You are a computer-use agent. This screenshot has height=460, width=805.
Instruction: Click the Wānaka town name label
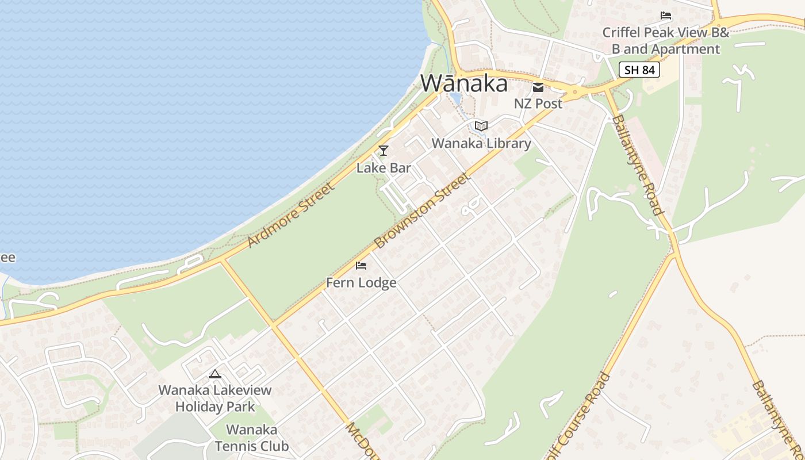464,83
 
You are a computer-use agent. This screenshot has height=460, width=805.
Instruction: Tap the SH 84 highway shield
639,70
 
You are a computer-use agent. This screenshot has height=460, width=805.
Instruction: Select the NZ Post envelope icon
538,87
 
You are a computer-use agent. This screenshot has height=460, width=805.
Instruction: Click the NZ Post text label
538,104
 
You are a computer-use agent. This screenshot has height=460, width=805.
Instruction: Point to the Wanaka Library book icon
481,126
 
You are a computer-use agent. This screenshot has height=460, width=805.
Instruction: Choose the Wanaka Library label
481,143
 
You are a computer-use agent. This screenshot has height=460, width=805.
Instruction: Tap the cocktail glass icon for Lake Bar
384,151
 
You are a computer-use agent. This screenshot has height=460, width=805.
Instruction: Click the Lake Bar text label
384,168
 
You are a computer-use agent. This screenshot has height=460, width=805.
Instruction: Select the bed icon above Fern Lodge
361,265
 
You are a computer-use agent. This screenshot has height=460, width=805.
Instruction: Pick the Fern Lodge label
361,283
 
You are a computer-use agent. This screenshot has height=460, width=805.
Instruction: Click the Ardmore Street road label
291,215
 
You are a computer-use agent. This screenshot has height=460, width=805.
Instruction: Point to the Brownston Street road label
423,211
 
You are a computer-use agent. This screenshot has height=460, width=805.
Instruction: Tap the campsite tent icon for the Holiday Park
215,374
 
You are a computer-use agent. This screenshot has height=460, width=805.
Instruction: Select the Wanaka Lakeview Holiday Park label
215,398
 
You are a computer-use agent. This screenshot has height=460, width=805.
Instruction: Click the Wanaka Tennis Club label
251,438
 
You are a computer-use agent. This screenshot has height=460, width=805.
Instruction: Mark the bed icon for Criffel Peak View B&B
666,16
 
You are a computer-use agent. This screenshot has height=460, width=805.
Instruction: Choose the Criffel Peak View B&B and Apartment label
665,41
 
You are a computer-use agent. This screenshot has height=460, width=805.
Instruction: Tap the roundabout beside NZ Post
574,91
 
